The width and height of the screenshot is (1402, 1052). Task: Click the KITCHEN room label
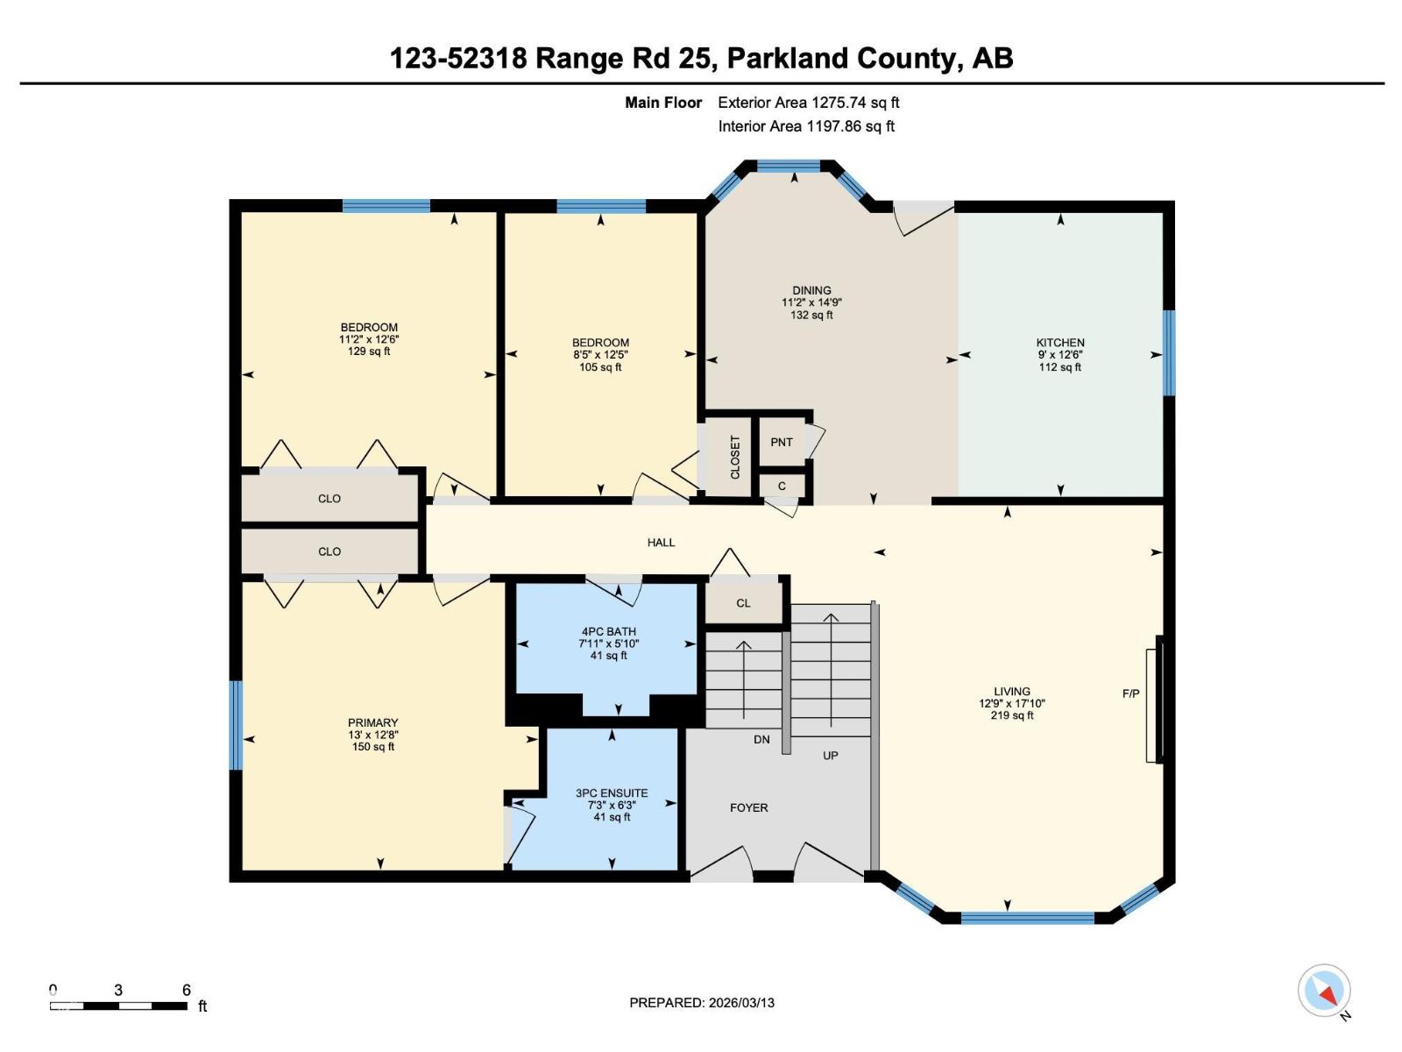[x=1060, y=343]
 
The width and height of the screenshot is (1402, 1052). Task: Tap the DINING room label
[x=811, y=290]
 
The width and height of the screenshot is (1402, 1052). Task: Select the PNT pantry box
[x=782, y=443]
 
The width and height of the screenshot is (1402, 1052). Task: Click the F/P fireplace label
[x=1130, y=694]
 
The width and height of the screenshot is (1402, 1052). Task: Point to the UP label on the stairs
[x=830, y=756]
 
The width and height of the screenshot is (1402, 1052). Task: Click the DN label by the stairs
[x=761, y=740]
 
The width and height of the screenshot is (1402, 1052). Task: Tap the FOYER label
[x=748, y=808]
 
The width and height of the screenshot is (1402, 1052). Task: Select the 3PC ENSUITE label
[x=612, y=793]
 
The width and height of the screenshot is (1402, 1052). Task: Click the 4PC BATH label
[x=609, y=632]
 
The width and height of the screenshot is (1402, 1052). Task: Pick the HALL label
[x=661, y=543]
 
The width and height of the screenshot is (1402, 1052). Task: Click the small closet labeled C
[x=782, y=487]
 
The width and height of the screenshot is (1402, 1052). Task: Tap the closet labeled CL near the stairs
[x=743, y=603]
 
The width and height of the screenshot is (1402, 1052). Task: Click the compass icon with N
[x=1324, y=992]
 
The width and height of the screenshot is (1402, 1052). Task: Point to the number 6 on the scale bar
[x=187, y=990]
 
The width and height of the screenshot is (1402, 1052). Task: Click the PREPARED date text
[x=702, y=1003]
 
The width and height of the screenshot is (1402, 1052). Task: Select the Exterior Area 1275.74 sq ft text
[x=808, y=103]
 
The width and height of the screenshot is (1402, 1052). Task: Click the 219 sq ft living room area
[x=1012, y=715]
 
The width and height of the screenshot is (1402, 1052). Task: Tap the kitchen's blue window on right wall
[x=1168, y=352]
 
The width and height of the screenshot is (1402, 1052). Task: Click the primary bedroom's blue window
[x=236, y=725]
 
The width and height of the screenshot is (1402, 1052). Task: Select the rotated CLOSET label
[x=735, y=457]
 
